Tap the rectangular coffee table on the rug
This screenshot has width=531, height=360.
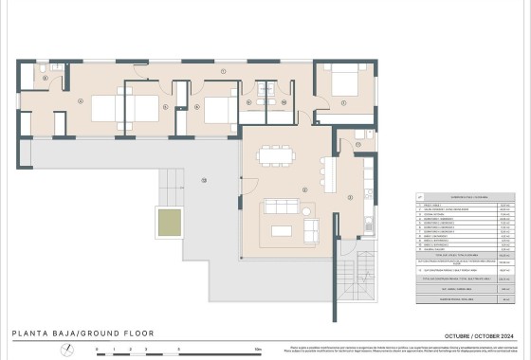point(282,228)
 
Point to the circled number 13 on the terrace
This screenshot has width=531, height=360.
point(203,181)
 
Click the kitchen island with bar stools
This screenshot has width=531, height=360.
point(330,171)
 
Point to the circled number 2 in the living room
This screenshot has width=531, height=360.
point(304,189)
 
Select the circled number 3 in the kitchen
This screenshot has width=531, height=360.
point(350,197)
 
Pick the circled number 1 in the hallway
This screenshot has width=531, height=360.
point(223,72)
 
